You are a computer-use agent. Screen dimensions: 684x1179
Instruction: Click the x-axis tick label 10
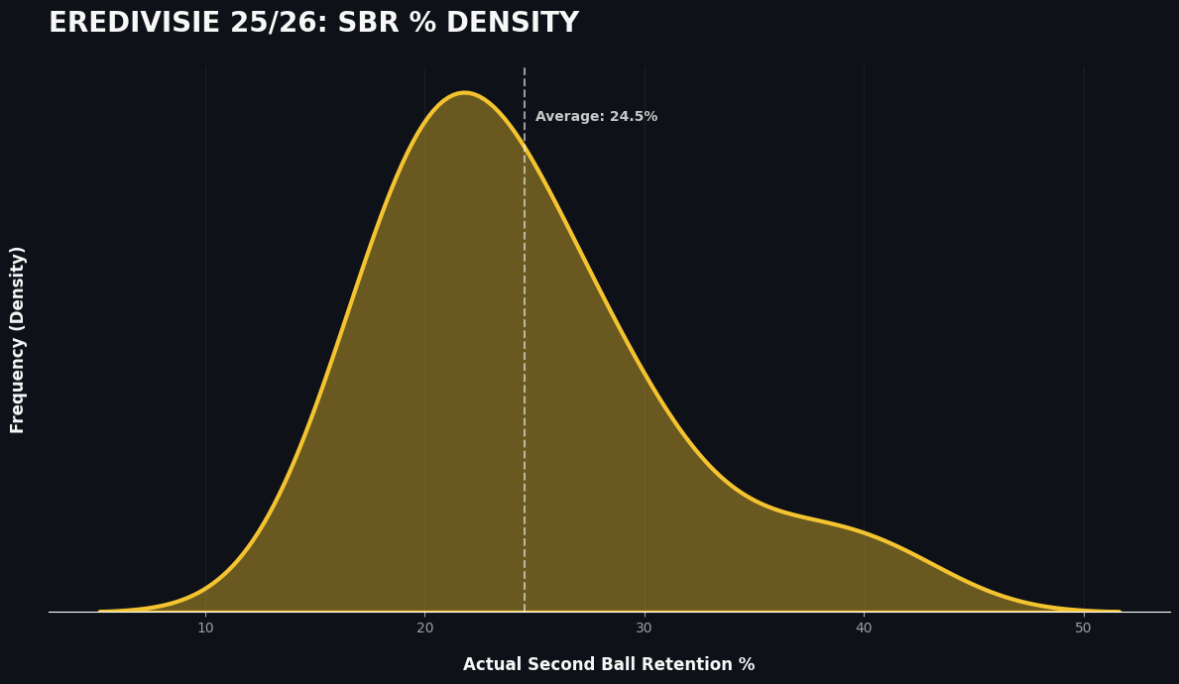(x=205, y=628)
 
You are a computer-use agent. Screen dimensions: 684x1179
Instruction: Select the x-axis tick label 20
(x=424, y=628)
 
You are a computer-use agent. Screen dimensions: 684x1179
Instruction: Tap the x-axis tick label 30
(x=645, y=628)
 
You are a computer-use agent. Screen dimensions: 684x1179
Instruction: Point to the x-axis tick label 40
(x=864, y=628)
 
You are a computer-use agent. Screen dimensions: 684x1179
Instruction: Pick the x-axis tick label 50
(x=1083, y=628)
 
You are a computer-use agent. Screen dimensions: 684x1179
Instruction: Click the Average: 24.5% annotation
(x=596, y=117)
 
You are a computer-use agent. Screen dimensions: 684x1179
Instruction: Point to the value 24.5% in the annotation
(x=634, y=117)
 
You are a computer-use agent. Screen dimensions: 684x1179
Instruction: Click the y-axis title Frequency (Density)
(x=19, y=339)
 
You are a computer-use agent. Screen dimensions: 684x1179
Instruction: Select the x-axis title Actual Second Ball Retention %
(x=609, y=665)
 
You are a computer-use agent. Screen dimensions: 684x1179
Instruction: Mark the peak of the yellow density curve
(x=464, y=93)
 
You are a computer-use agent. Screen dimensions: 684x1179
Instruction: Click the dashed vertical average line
(x=525, y=397)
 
